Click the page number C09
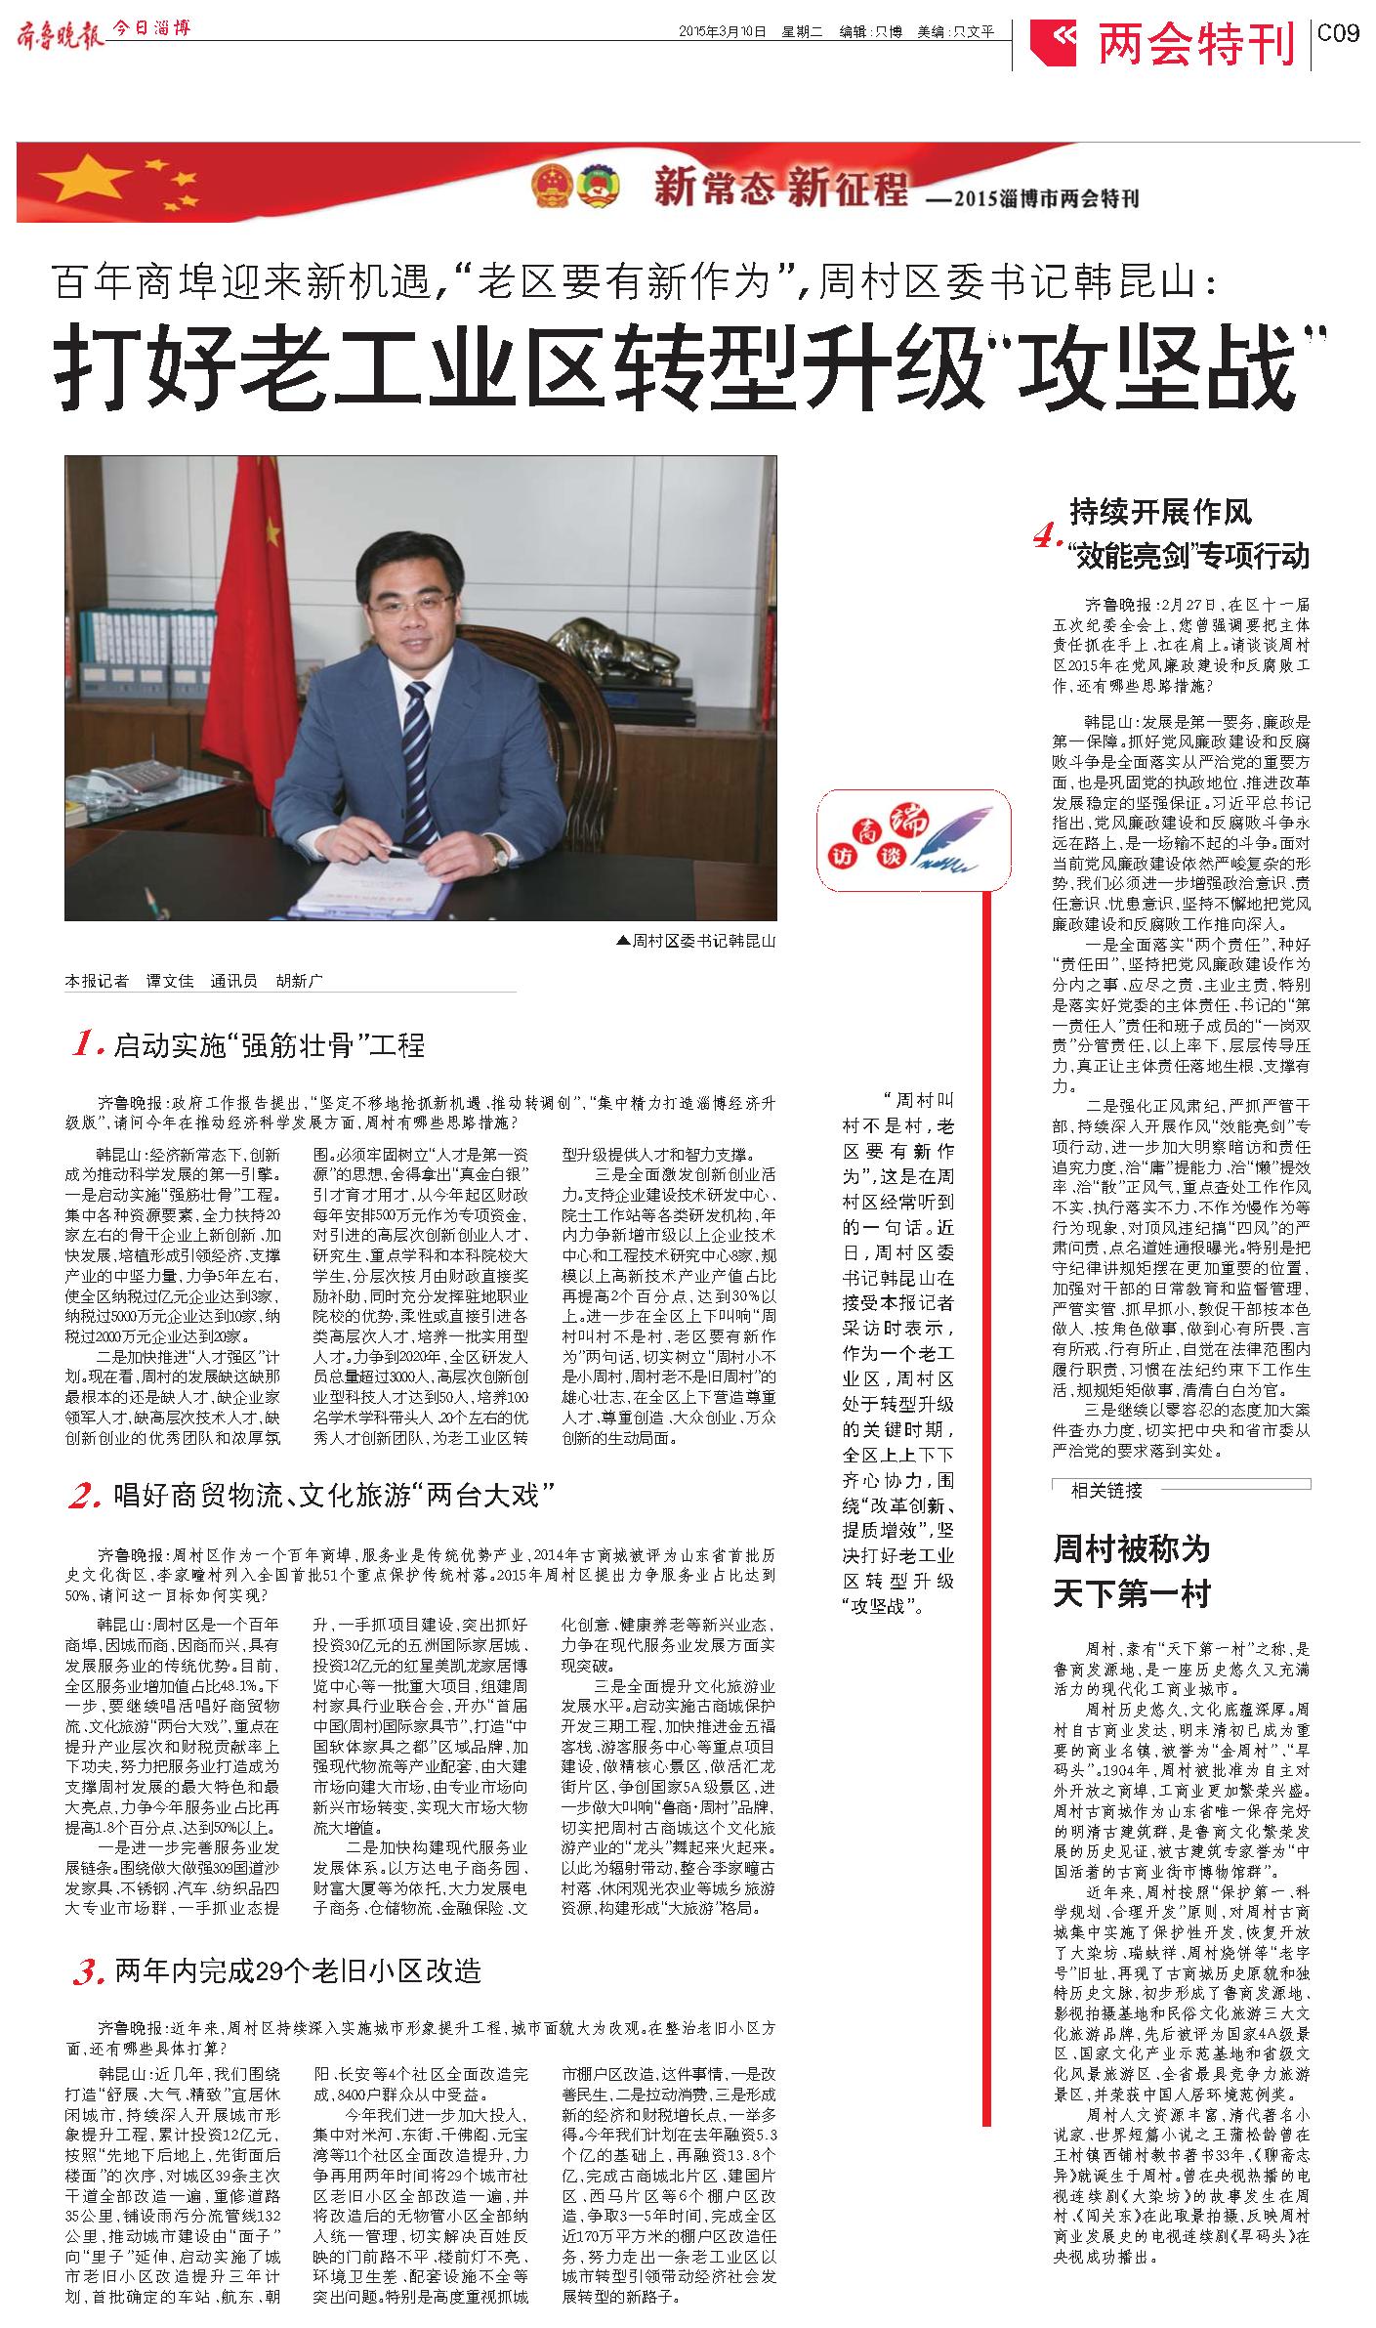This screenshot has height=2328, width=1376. [1337, 33]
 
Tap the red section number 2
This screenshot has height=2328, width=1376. [87, 1496]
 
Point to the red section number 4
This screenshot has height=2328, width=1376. [1047, 536]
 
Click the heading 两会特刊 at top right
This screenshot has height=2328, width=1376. [1195, 42]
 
